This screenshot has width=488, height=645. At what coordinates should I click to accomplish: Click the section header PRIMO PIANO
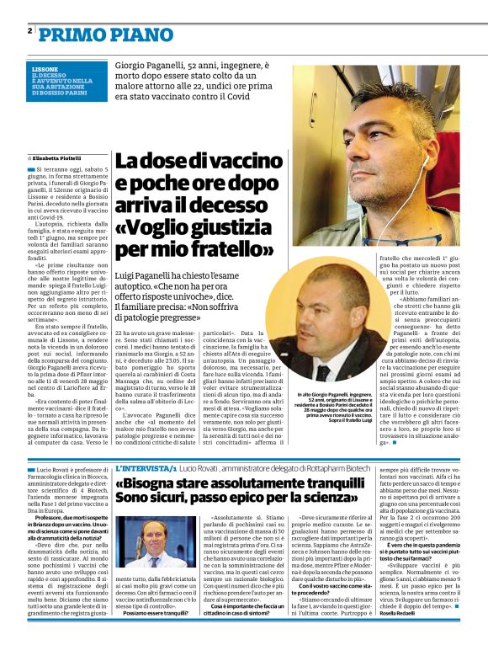(x=93, y=33)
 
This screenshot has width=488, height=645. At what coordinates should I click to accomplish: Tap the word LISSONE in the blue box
(x=45, y=67)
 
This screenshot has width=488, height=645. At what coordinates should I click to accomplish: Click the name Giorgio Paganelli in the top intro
(x=156, y=63)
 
